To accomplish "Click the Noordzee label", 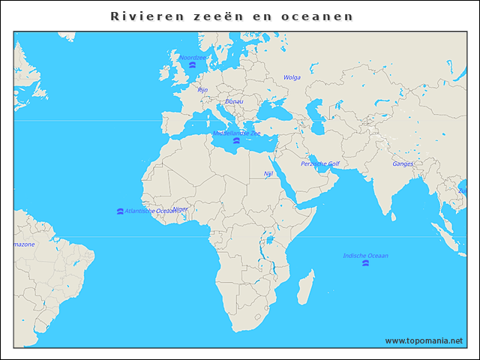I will point(192,58).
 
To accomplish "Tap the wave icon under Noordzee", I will point(193,66).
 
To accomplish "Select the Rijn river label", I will point(202,90).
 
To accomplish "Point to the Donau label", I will point(234,101).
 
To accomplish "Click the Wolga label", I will point(292,77).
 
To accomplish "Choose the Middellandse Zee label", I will point(236,133).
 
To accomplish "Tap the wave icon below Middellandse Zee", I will point(236,141).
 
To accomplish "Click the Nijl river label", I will point(268,173).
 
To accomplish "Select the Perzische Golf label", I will point(320,163).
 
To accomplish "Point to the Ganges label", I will point(403,163).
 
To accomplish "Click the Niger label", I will point(181,209).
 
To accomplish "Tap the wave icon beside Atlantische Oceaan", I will point(121,211).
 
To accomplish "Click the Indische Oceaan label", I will point(365,256).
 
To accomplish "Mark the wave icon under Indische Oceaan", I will point(365,264).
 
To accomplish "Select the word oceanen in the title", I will point(323,16).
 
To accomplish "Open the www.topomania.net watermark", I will point(424,340).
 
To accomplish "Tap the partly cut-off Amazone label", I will point(23,244).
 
